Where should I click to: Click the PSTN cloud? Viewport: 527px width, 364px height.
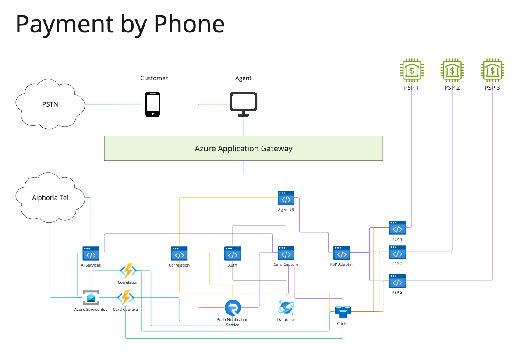pyautogui.click(x=50, y=104)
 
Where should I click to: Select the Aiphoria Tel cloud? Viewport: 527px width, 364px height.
pyautogui.click(x=50, y=197)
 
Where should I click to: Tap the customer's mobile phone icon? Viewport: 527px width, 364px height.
pyautogui.click(x=152, y=104)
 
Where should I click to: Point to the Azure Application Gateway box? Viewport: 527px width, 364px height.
pyautogui.click(x=244, y=148)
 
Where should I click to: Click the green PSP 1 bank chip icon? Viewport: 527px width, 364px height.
pyautogui.click(x=412, y=70)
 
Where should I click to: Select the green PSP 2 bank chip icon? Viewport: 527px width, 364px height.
pyautogui.click(x=452, y=70)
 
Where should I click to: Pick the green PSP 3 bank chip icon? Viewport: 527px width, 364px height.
pyautogui.click(x=492, y=70)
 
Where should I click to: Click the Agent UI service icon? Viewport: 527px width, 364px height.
pyautogui.click(x=286, y=198)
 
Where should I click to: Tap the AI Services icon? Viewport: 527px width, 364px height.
pyautogui.click(x=91, y=254)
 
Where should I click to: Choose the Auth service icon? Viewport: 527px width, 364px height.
pyautogui.click(x=233, y=254)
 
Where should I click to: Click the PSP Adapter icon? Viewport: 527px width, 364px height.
pyautogui.click(x=341, y=253)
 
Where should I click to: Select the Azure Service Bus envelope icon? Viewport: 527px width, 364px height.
pyautogui.click(x=91, y=298)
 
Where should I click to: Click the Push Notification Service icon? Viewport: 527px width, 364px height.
pyautogui.click(x=233, y=308)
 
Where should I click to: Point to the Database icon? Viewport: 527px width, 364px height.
pyautogui.click(x=286, y=307)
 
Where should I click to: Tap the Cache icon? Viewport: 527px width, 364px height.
pyautogui.click(x=343, y=312)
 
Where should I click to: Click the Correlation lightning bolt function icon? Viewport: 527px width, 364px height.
pyautogui.click(x=128, y=270)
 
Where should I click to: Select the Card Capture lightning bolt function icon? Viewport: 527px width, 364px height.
pyautogui.click(x=125, y=298)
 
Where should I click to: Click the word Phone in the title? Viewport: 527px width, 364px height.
pyautogui.click(x=189, y=25)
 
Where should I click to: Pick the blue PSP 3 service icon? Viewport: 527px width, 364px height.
pyautogui.click(x=397, y=281)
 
